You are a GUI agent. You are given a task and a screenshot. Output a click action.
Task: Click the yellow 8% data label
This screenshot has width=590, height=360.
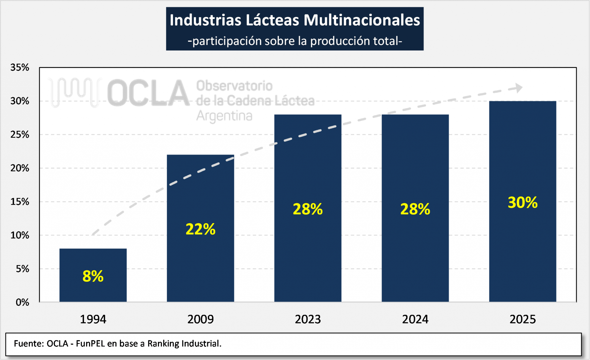[93, 276]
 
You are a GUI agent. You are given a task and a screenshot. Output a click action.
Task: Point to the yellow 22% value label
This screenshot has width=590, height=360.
[200, 229]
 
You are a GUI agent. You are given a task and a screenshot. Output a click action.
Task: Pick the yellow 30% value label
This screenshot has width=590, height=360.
[522, 202]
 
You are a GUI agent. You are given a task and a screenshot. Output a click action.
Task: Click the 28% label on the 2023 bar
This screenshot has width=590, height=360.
[308, 209]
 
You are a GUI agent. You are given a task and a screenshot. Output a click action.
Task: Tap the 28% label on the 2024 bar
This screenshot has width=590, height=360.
[415, 209]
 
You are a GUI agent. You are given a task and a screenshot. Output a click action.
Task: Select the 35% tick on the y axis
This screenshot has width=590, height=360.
[20, 67]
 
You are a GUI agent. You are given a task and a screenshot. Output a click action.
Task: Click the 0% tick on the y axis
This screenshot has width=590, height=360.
[22, 302]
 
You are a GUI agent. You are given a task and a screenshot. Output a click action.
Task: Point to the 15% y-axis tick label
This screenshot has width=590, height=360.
[20, 202]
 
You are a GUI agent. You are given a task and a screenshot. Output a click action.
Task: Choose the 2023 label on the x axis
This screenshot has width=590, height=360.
[308, 319]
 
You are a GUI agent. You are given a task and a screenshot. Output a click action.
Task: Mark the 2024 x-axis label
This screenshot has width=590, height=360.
[415, 319]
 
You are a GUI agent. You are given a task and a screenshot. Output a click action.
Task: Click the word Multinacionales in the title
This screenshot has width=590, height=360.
[362, 20]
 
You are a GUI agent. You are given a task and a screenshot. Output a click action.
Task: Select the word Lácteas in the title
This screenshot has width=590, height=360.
[272, 20]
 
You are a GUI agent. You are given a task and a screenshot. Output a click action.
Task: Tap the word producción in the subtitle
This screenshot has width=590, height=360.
[340, 41]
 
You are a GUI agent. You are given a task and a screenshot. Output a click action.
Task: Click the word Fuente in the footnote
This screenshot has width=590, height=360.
[29, 344]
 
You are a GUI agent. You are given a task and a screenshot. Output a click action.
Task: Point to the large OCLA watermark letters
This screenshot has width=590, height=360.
[148, 93]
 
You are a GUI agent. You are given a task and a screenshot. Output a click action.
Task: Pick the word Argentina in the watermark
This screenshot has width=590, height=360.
[224, 116]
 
